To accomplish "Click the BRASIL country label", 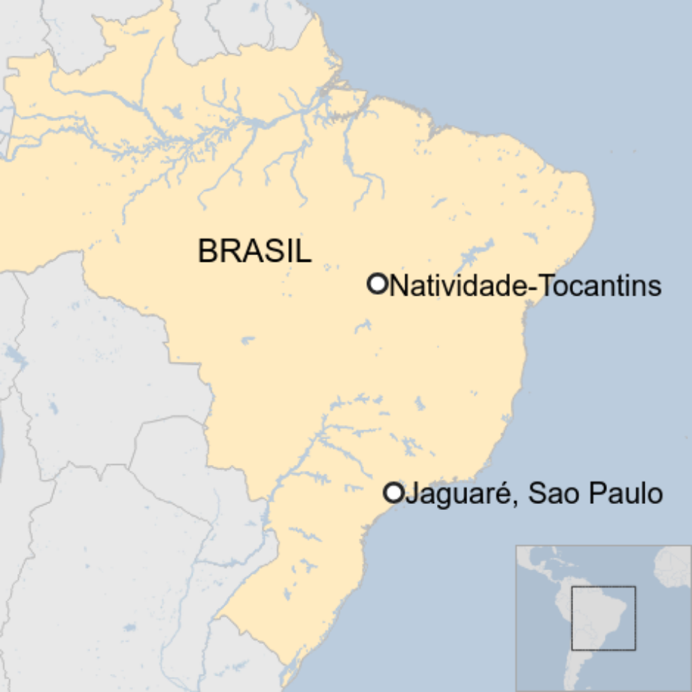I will pyautogui.click(x=254, y=251).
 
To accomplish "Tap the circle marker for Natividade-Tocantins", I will pyautogui.click(x=377, y=284).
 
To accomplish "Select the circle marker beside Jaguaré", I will pyautogui.click(x=393, y=493).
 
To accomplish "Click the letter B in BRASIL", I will pyautogui.click(x=207, y=251).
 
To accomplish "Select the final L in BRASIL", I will pyautogui.click(x=303, y=251).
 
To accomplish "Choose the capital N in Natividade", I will pyautogui.click(x=399, y=286).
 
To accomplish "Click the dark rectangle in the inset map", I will pyautogui.click(x=603, y=618).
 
